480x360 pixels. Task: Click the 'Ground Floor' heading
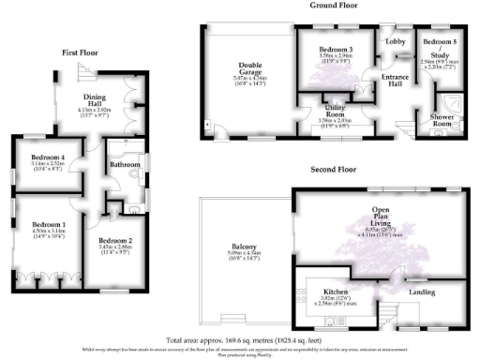click(336, 5)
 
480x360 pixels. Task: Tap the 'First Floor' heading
click(82, 52)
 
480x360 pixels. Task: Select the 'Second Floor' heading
click(336, 171)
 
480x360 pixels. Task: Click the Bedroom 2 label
click(116, 242)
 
